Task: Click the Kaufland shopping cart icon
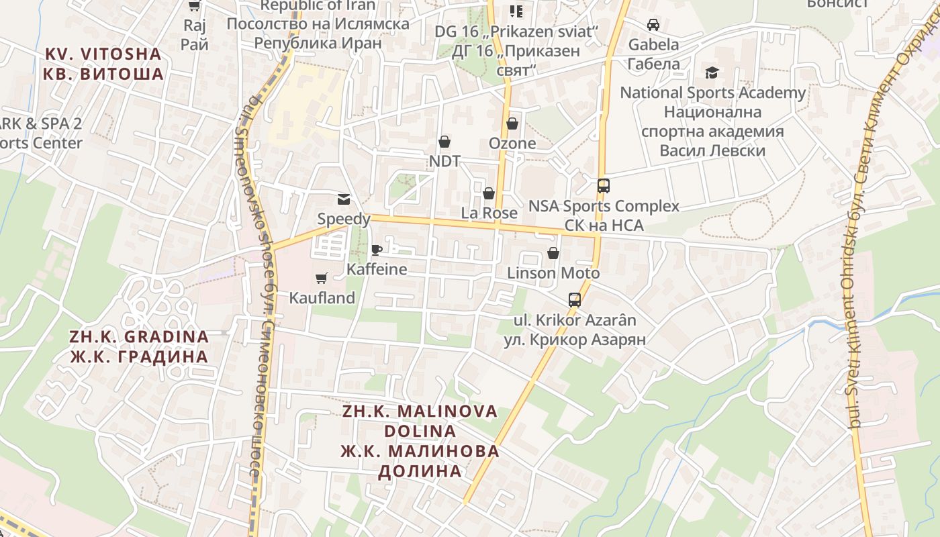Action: tap(322, 278)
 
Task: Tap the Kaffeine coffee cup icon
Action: tap(377, 250)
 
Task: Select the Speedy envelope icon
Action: tap(344, 199)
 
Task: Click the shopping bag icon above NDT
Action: tap(444, 142)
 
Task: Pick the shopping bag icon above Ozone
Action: tap(512, 124)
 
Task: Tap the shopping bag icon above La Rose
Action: tap(489, 193)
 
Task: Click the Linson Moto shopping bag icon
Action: tap(553, 253)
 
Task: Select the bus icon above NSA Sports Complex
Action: tap(604, 186)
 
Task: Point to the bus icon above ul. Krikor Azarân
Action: tap(575, 300)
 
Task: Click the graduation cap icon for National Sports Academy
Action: tap(712, 72)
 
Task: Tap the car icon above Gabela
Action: tap(653, 25)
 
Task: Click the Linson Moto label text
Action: tap(553, 273)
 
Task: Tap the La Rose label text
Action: tap(489, 213)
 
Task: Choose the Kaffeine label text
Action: tap(377, 269)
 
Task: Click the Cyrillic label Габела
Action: tap(653, 64)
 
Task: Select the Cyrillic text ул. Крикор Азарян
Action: tap(575, 340)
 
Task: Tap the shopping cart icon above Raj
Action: tap(195, 6)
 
